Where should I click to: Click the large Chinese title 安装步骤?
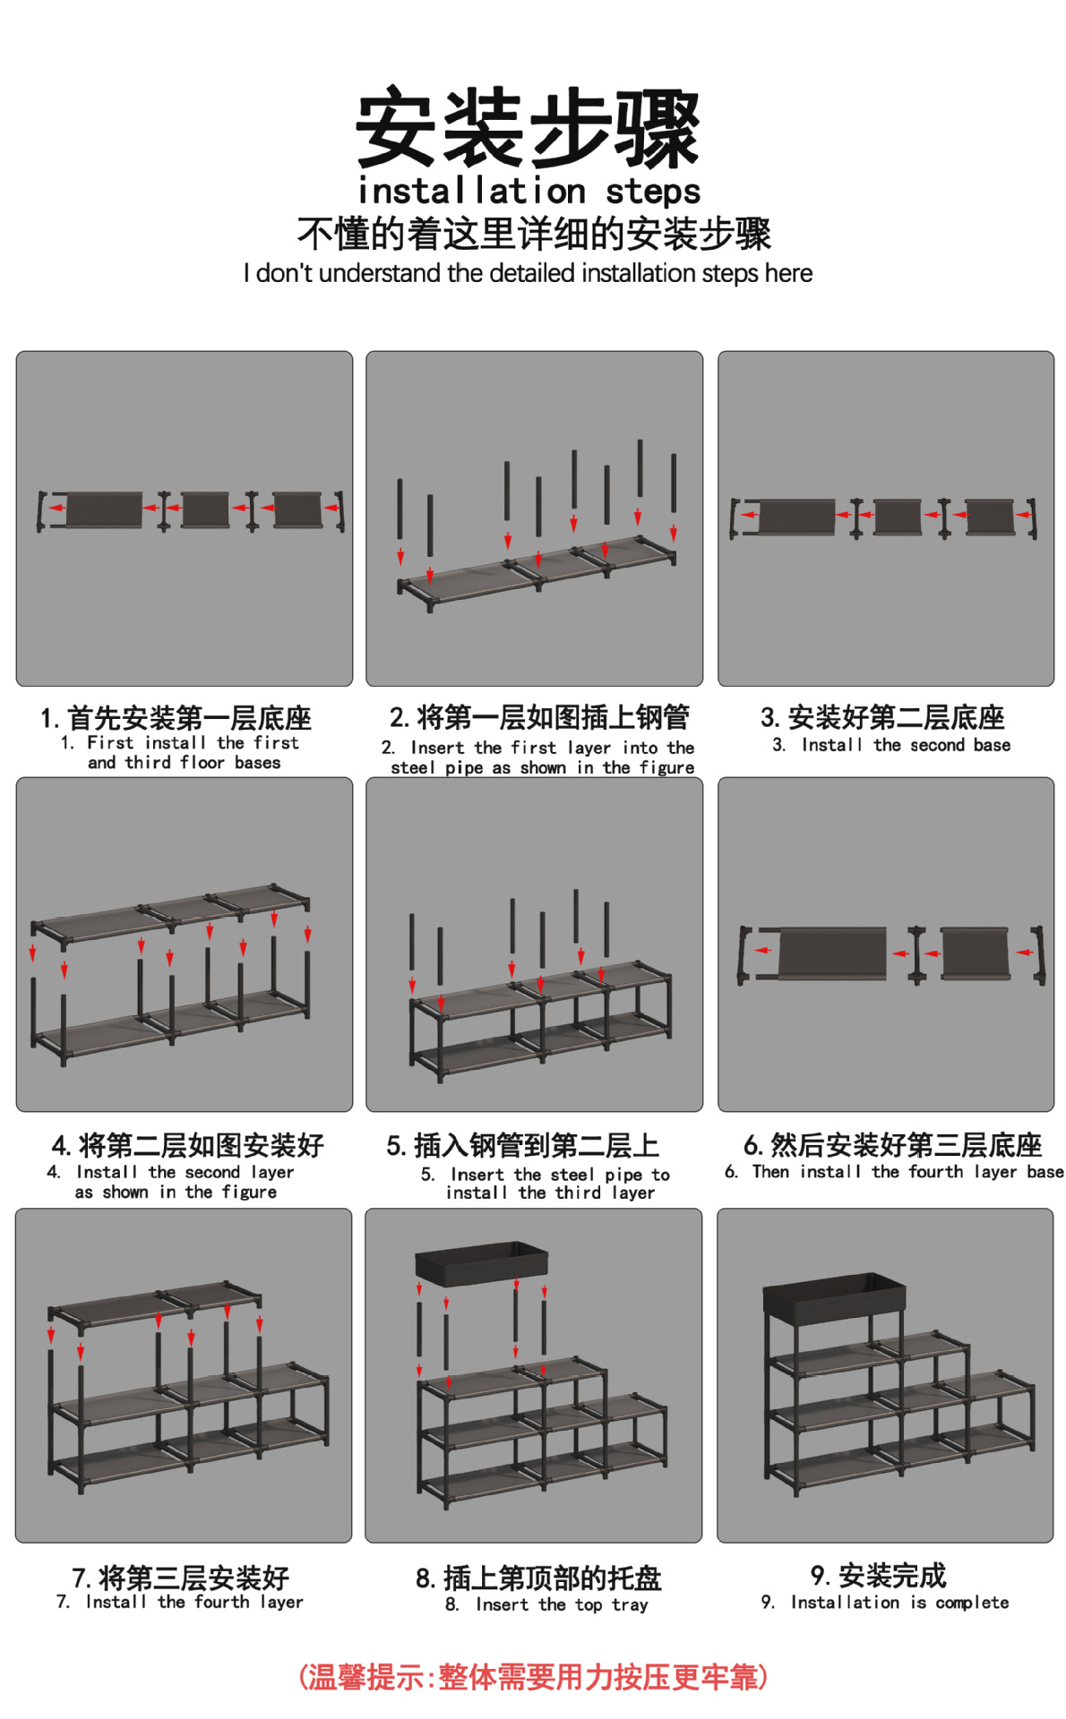[528, 128]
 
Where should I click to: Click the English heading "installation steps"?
[529, 192]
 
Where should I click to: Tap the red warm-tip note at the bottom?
[533, 1677]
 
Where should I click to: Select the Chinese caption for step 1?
[176, 718]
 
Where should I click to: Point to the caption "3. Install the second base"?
[891, 745]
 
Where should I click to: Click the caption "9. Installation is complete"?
[885, 1602]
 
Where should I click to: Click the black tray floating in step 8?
[481, 1262]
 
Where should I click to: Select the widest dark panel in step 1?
[104, 509]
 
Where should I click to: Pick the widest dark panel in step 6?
[832, 952]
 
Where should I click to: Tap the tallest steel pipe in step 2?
[640, 468]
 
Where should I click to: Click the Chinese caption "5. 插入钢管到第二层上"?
[523, 1146]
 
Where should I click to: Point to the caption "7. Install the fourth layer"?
[180, 1602]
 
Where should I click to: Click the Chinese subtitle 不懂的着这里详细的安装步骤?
[534, 235]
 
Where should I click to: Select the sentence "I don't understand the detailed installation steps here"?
[528, 273]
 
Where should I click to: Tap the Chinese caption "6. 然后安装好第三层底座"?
[893, 1145]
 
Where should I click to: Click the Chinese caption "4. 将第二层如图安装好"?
[188, 1145]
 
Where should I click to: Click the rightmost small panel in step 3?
[991, 517]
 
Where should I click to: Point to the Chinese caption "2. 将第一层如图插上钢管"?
[540, 717]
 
